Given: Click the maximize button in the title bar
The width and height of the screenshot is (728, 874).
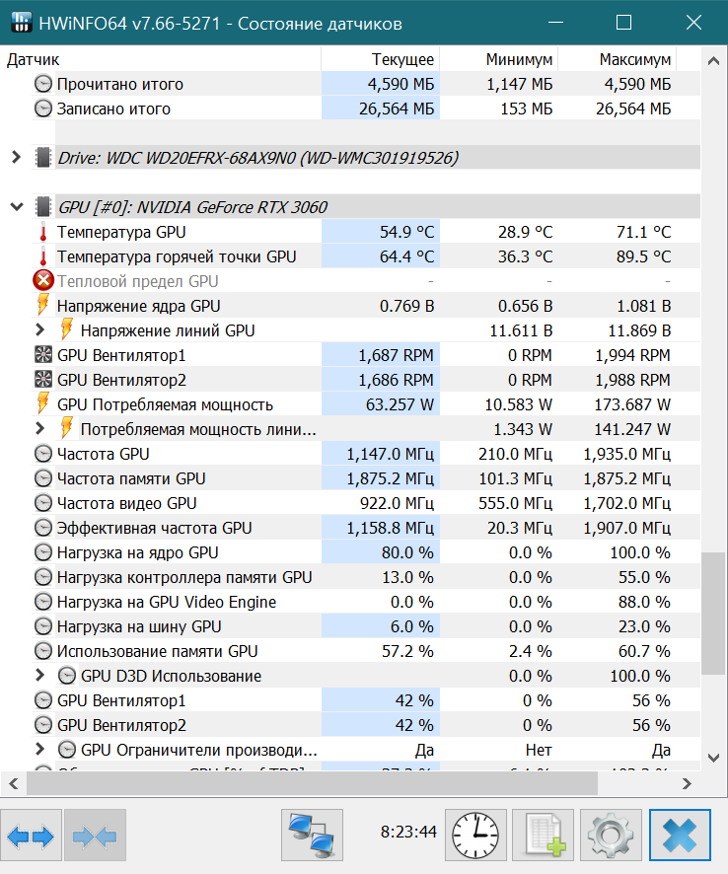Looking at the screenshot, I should pyautogui.click(x=623, y=23).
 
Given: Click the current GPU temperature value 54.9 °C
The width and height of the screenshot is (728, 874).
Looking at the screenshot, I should pyautogui.click(x=406, y=232).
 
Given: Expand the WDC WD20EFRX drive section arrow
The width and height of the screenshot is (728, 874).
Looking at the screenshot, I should pyautogui.click(x=16, y=157).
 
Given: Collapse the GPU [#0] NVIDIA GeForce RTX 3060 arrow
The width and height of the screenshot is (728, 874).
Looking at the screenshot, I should pyautogui.click(x=16, y=207).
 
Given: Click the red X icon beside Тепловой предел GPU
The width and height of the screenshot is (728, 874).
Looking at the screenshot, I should pyautogui.click(x=43, y=281).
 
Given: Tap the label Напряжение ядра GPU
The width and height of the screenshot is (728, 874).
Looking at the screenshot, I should pyautogui.click(x=138, y=306).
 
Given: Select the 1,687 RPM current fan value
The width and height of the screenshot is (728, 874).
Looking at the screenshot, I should pyautogui.click(x=396, y=355).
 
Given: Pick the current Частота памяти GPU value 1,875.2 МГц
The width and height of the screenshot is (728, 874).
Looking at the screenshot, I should pyautogui.click(x=390, y=478).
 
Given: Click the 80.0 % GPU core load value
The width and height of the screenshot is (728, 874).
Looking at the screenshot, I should pyautogui.click(x=406, y=552).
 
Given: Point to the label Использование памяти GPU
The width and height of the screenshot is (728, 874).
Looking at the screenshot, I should pyautogui.click(x=157, y=651).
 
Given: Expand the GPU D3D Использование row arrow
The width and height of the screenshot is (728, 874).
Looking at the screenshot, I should pyautogui.click(x=39, y=676).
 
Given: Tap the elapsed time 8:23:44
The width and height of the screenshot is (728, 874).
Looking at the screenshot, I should pyautogui.click(x=408, y=832).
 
